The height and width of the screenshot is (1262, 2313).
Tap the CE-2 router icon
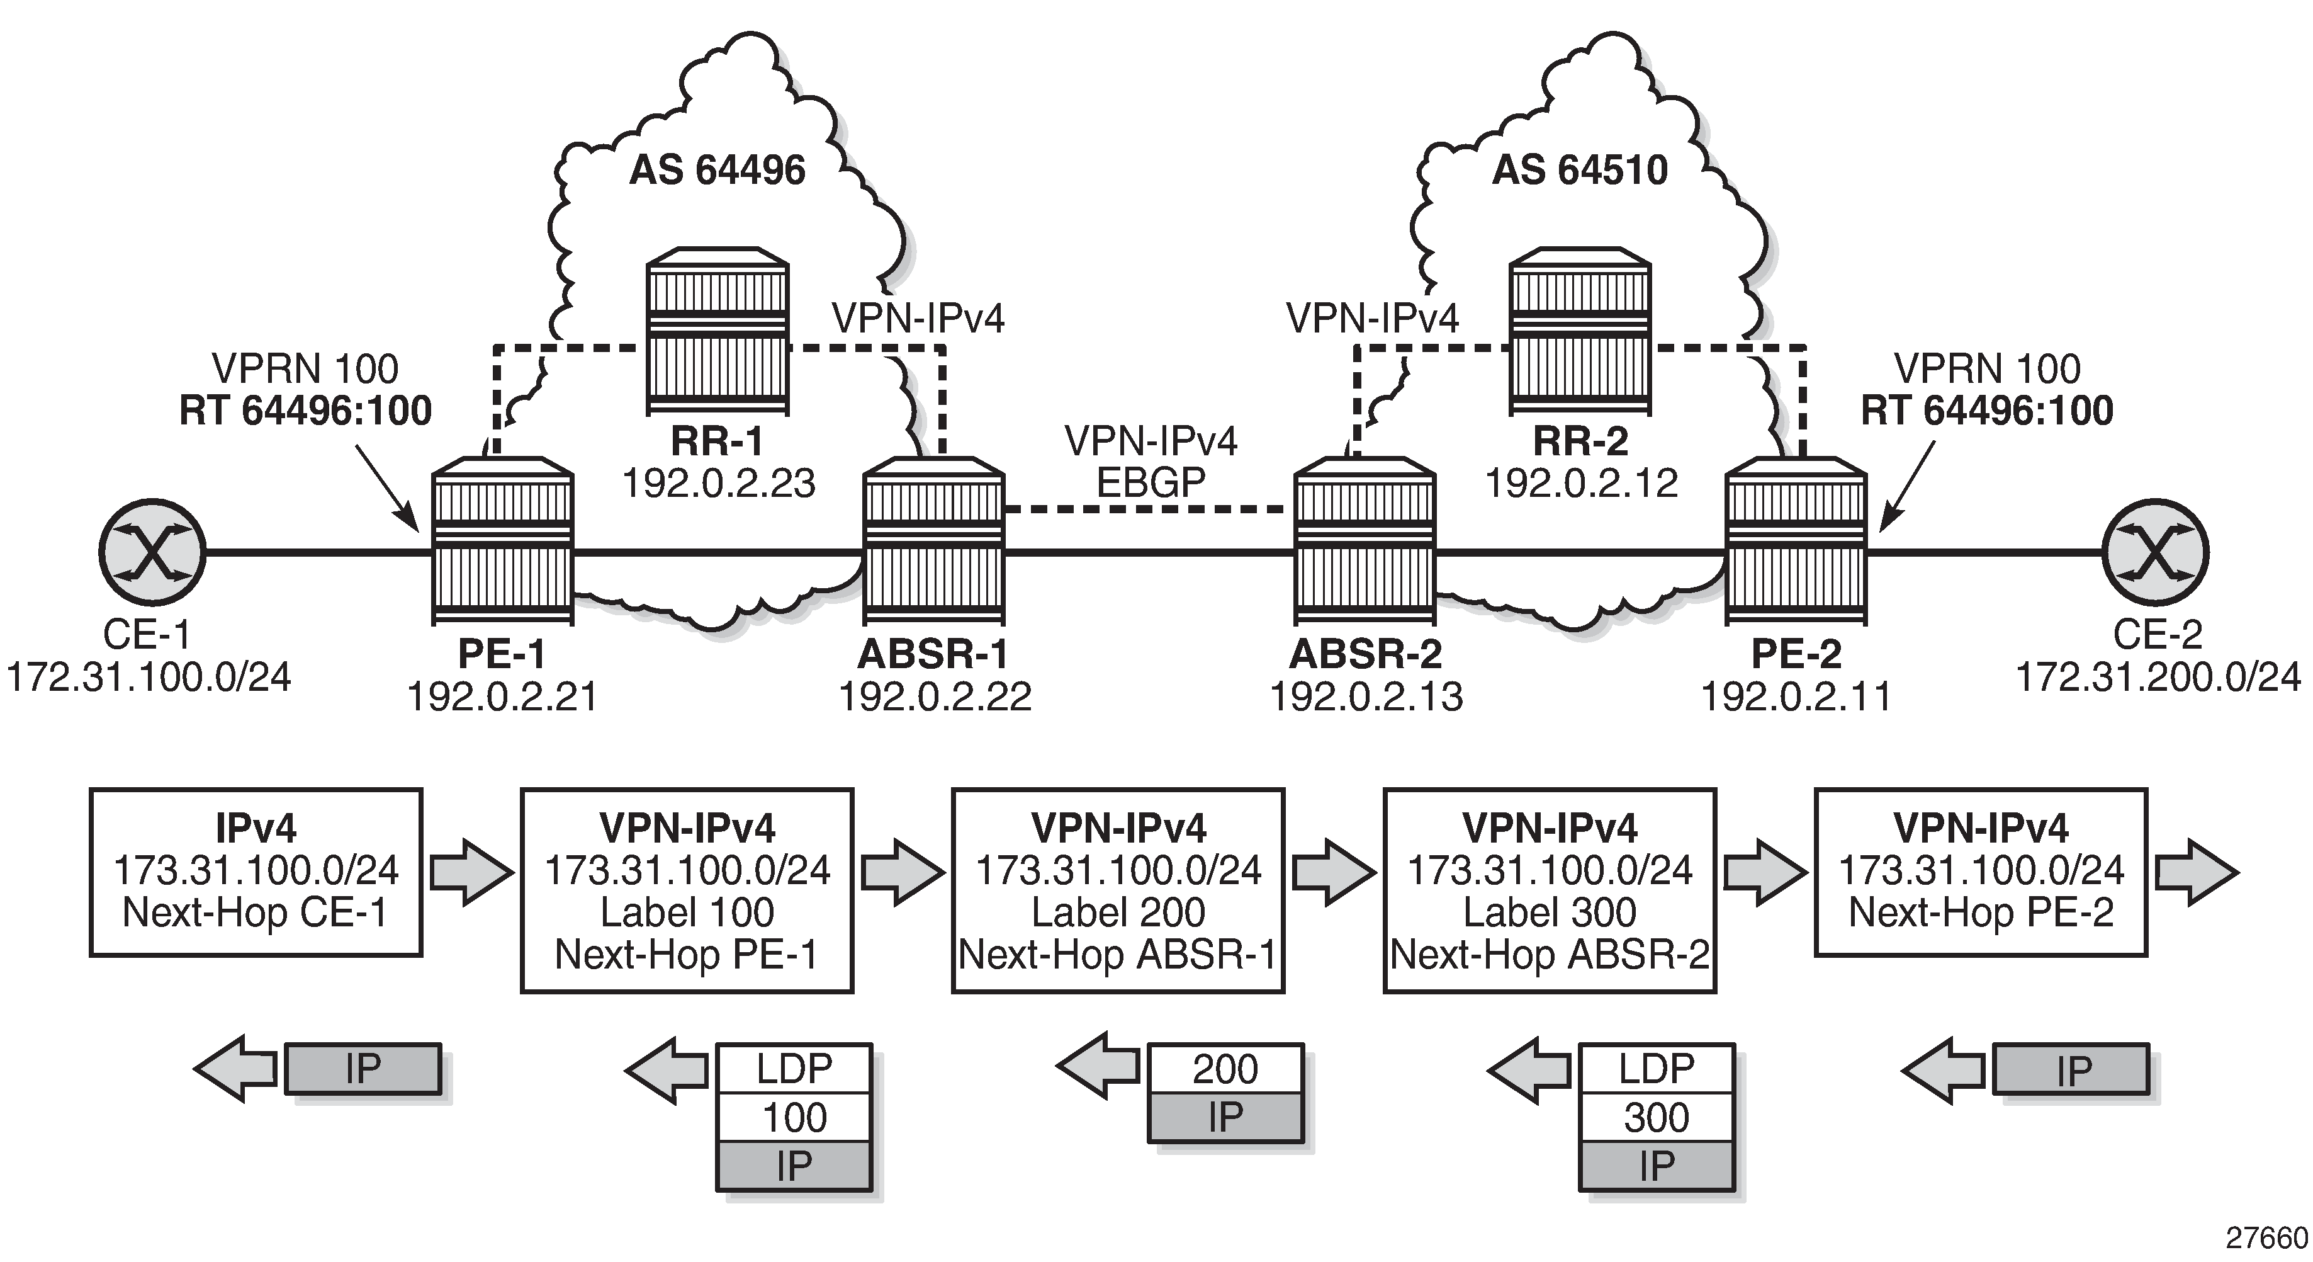click(x=2155, y=552)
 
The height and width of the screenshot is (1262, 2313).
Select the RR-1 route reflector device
click(x=718, y=333)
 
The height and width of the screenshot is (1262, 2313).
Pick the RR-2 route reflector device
click(x=1580, y=333)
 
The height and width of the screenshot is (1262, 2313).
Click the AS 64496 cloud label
click(x=718, y=170)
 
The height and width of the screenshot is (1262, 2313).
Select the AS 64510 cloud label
click(x=1580, y=170)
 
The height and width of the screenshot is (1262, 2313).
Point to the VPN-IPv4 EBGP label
click(x=1151, y=462)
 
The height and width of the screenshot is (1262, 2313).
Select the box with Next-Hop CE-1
click(x=256, y=872)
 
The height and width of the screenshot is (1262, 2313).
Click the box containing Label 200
click(x=1118, y=890)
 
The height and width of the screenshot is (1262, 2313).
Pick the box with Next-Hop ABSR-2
click(x=1550, y=890)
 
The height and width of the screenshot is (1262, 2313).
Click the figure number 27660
click(x=2267, y=1237)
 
